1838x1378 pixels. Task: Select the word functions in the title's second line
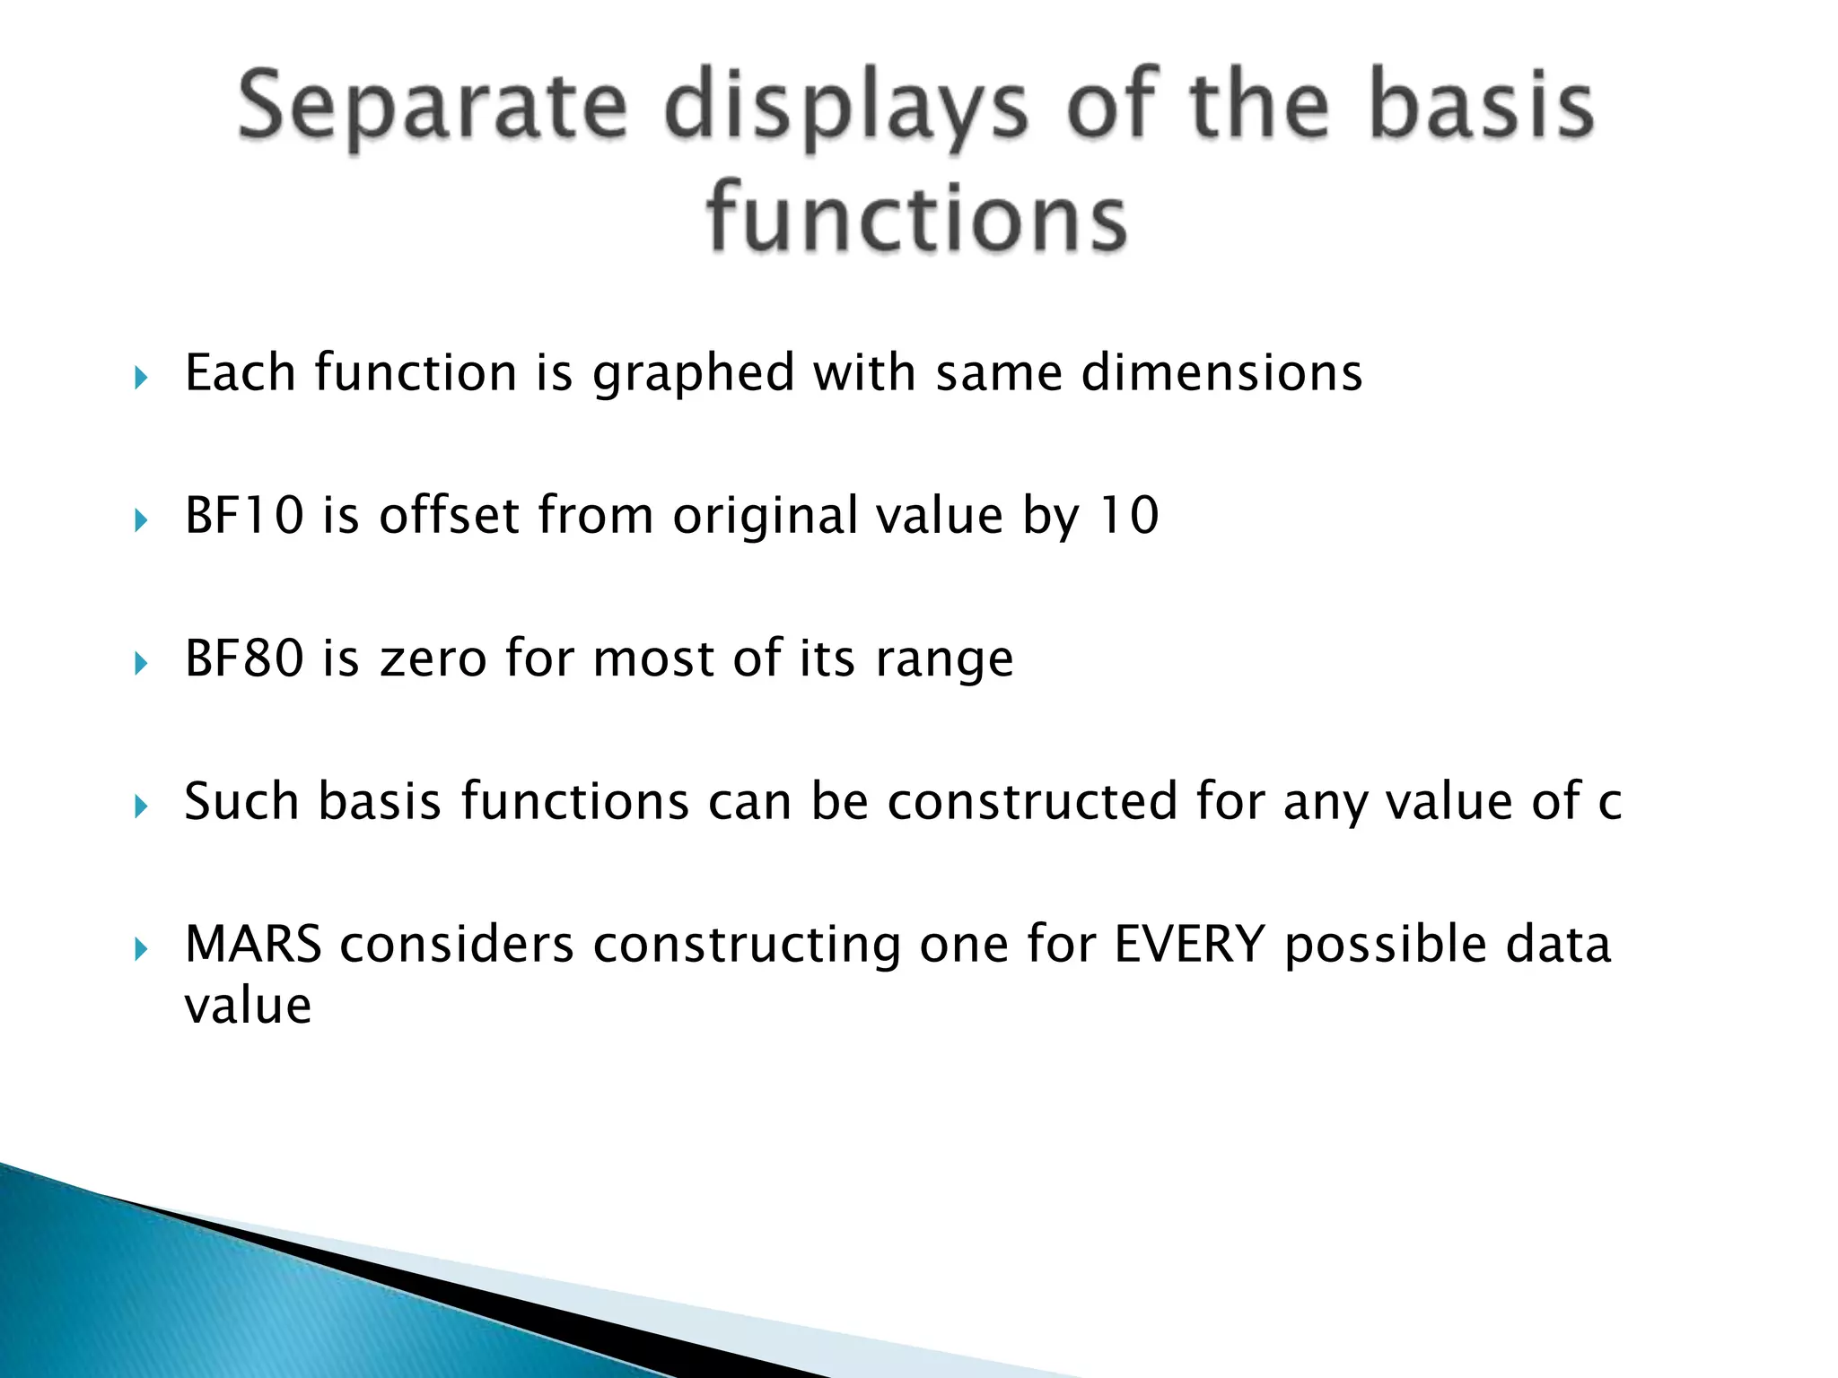tap(916, 218)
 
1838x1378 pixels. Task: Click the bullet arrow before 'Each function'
tap(141, 377)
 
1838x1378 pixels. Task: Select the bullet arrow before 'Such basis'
tap(141, 806)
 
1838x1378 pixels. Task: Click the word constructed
tap(1032, 801)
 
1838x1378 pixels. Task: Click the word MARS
tap(253, 945)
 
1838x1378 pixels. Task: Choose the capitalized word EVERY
tap(1189, 945)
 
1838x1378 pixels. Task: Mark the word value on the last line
tap(248, 1006)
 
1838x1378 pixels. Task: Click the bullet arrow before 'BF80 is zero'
tap(141, 663)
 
